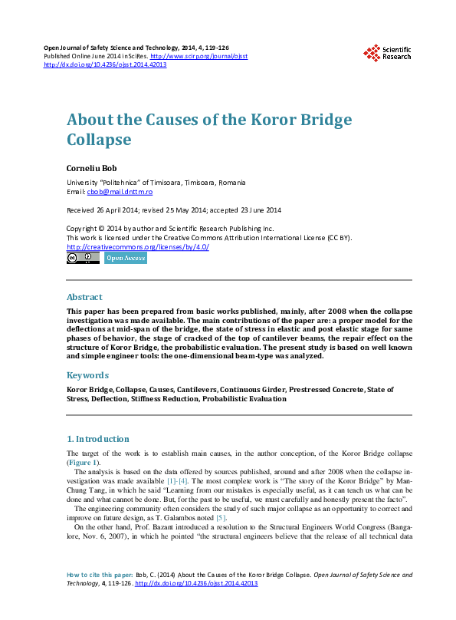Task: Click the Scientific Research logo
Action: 387,52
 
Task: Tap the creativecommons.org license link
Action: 138,247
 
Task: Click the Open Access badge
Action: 125,259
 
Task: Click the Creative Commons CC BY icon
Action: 83,259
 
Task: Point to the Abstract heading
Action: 84,297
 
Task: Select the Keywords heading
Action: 87,375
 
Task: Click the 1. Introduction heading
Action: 98,439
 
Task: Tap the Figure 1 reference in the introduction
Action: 83,463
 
